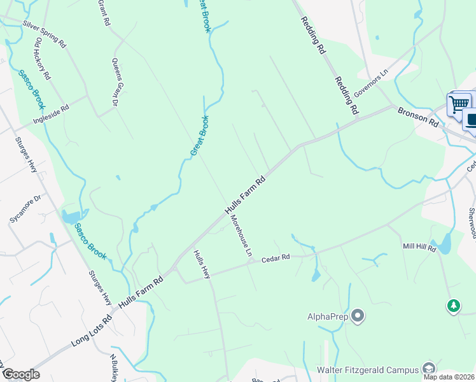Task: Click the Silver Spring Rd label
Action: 44,34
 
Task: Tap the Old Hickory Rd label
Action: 43,58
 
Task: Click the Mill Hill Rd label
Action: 418,246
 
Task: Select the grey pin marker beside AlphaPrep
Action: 358,315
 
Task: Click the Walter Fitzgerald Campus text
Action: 367,369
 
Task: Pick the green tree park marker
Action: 453,307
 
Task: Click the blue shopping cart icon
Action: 459,103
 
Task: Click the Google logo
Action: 21,374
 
